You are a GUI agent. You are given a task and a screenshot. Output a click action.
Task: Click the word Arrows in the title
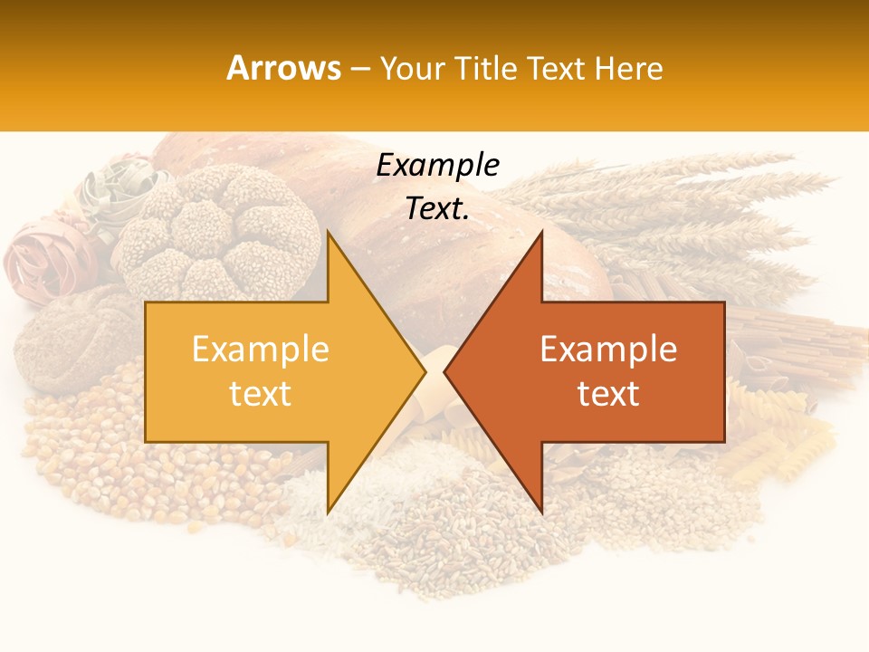tap(283, 68)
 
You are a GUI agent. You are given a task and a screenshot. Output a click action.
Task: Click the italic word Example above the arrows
tap(438, 166)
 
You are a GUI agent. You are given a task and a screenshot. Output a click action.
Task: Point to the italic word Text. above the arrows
tap(438, 208)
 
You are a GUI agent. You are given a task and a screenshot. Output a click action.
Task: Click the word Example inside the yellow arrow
tap(260, 349)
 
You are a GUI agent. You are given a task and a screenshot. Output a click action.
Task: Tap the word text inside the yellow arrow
tap(260, 394)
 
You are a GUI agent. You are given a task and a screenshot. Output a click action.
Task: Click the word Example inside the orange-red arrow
tap(608, 349)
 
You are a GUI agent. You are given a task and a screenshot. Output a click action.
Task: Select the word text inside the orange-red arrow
tap(608, 394)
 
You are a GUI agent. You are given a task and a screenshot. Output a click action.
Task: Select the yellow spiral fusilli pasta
tap(778, 435)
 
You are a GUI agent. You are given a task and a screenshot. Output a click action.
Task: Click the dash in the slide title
tap(359, 69)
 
